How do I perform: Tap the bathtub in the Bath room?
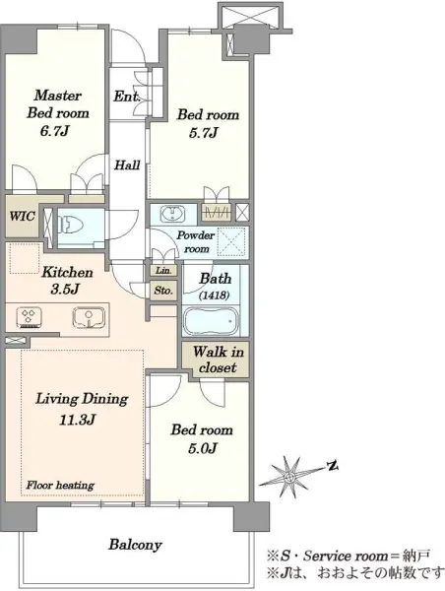click(x=211, y=321)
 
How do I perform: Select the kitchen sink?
click(x=89, y=317)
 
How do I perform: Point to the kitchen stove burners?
click(x=29, y=317)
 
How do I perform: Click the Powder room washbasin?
click(x=173, y=215)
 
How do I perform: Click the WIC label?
click(x=23, y=216)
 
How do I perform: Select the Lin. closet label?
click(x=163, y=270)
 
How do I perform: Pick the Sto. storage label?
click(x=163, y=291)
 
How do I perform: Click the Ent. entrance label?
click(x=127, y=97)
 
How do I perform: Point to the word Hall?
click(x=127, y=165)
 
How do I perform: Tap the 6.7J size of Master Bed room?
click(x=55, y=131)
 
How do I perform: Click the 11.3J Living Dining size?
click(x=77, y=420)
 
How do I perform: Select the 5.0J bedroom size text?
click(x=203, y=448)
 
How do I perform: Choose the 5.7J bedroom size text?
click(x=204, y=133)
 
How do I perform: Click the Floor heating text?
click(x=60, y=485)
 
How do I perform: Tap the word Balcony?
click(x=135, y=545)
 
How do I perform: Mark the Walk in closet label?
click(x=218, y=360)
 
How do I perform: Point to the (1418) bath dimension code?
click(x=214, y=295)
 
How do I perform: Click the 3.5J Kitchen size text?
click(x=65, y=289)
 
